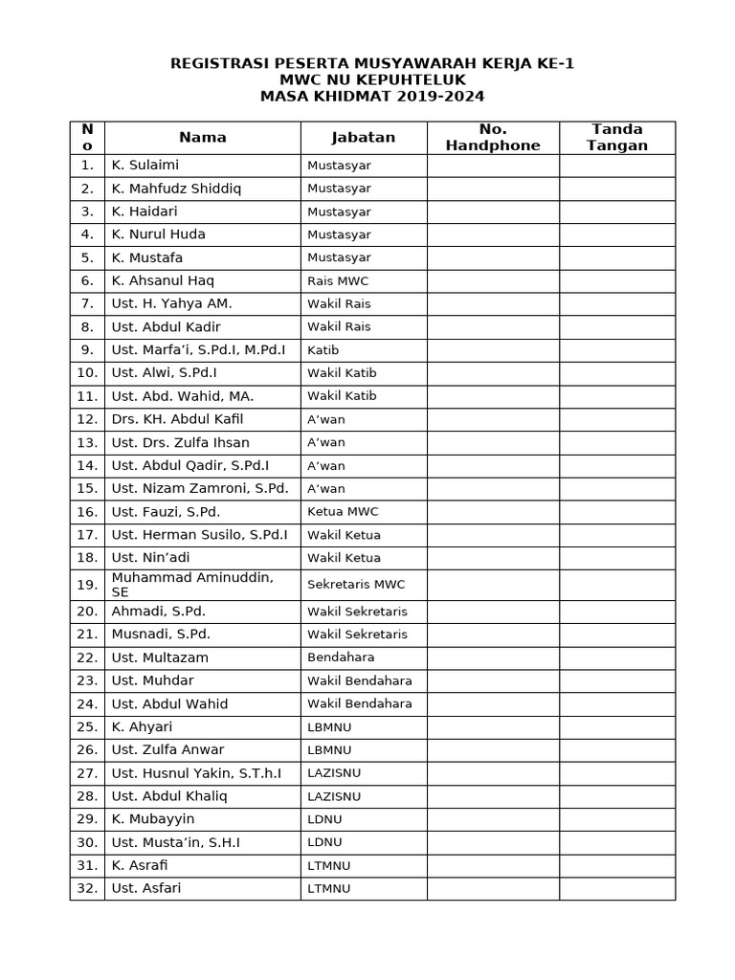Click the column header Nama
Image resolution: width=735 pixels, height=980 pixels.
point(202,138)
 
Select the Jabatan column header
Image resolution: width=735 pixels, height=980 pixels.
point(363,138)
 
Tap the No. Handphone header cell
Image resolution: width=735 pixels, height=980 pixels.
point(493,138)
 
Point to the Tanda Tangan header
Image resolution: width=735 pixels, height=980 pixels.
point(617,138)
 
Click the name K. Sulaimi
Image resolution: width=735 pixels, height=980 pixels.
point(145,166)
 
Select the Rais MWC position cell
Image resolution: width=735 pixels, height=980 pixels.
point(338,281)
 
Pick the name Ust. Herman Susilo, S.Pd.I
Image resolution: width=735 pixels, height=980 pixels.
point(199,535)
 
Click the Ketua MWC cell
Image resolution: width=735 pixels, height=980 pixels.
point(343,512)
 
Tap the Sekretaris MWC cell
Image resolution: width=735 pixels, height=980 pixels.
point(356,585)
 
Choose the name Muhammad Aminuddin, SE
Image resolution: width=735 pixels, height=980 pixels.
point(192,585)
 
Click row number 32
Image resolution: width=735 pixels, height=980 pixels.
point(87,888)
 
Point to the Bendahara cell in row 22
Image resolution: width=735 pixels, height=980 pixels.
point(341,657)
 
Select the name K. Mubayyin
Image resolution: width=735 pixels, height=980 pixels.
point(153,819)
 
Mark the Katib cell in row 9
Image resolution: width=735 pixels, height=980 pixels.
point(323,350)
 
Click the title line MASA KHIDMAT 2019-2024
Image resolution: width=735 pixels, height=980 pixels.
point(372,97)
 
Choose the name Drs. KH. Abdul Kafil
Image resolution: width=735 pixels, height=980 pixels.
point(177,419)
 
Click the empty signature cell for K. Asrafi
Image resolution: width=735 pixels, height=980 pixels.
point(617,865)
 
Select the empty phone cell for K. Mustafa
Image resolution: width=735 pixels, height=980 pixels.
point(493,257)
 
